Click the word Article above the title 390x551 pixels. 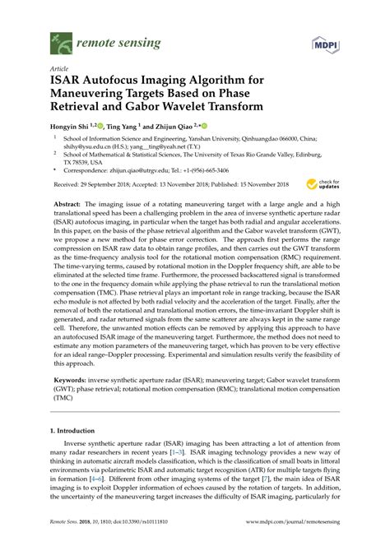click(x=59, y=71)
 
